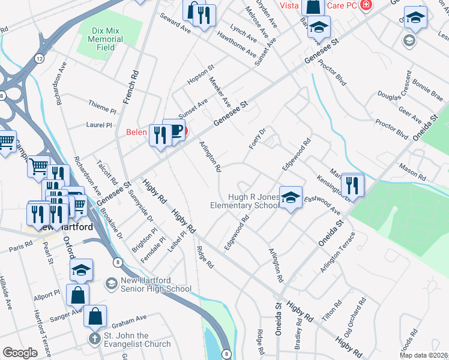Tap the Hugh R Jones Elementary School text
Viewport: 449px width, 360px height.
click(246, 201)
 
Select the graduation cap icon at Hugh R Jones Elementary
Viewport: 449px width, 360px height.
click(291, 197)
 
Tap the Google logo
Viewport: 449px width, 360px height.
click(20, 353)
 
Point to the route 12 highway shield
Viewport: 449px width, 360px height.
click(38, 58)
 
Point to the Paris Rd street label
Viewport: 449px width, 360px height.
click(20, 247)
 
